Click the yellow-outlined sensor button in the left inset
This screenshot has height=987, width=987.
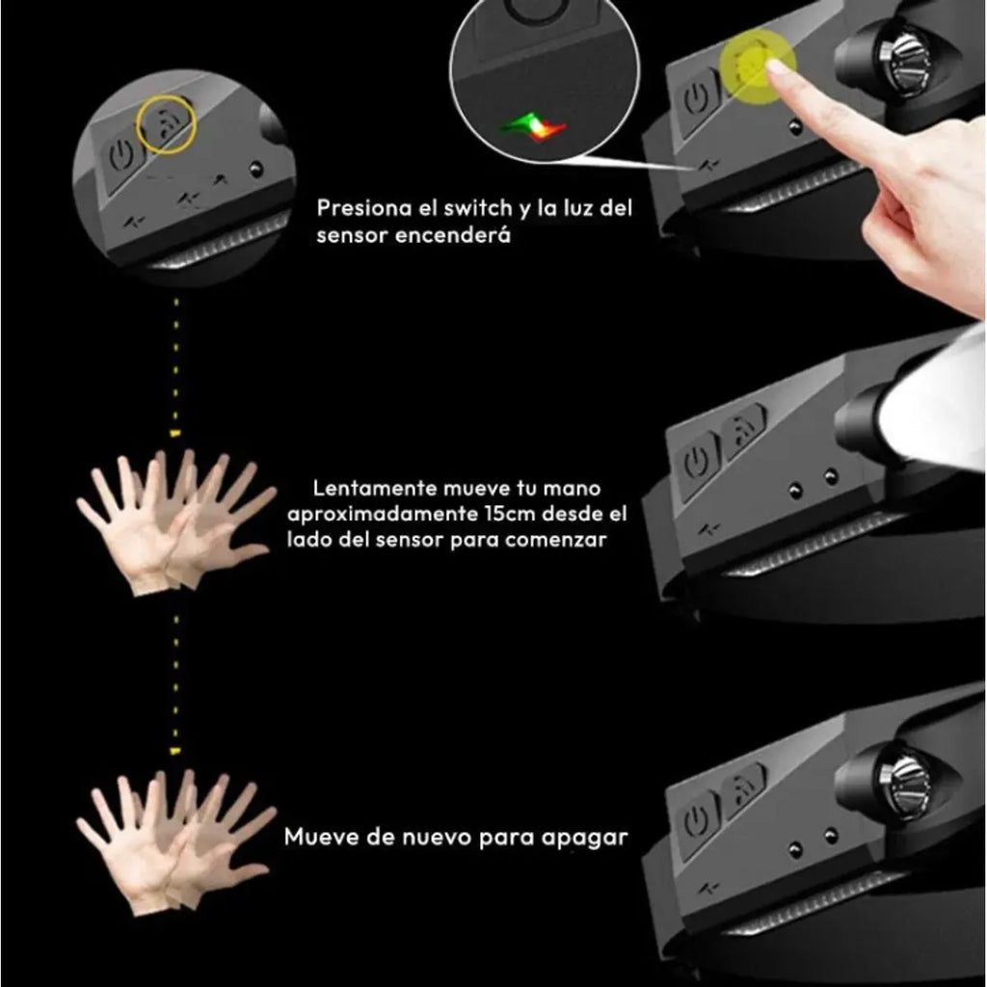(x=166, y=125)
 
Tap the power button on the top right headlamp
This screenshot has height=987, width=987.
(x=694, y=100)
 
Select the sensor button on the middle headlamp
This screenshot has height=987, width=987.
(x=742, y=424)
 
